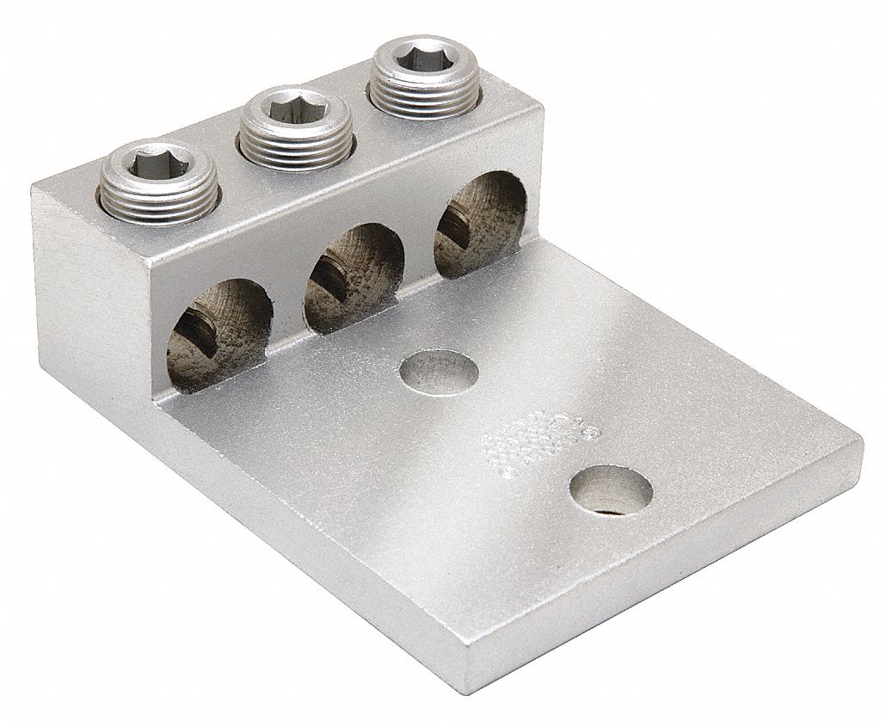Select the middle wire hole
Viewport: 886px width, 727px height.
tap(352, 276)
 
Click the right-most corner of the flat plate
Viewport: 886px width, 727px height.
tap(860, 447)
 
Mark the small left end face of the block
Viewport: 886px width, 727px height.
tap(90, 284)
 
